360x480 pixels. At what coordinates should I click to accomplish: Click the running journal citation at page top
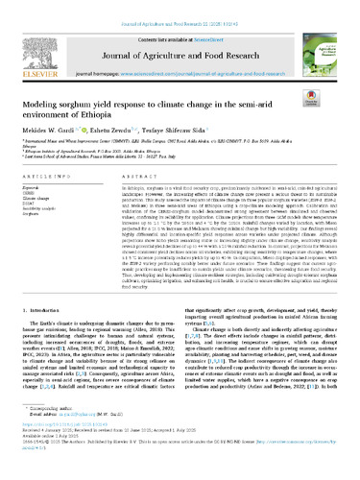coord(180,6)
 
